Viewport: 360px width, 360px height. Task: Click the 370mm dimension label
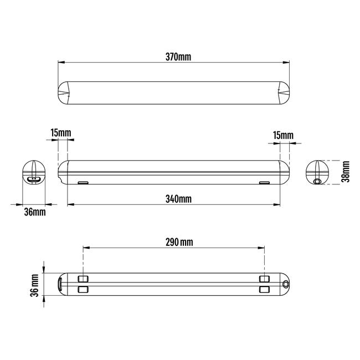point(178,56)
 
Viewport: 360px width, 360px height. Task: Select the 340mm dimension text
point(178,199)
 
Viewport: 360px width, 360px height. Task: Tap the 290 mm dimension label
point(179,242)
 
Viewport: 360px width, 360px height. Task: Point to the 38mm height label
point(346,172)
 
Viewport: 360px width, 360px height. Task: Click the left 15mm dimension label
point(61,133)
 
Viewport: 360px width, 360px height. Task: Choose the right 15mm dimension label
point(283,135)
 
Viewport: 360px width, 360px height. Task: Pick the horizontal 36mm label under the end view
point(35,212)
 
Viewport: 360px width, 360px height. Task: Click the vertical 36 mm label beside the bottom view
point(34,285)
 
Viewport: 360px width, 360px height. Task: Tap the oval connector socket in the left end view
point(34,179)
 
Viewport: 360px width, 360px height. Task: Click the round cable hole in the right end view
point(317,181)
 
